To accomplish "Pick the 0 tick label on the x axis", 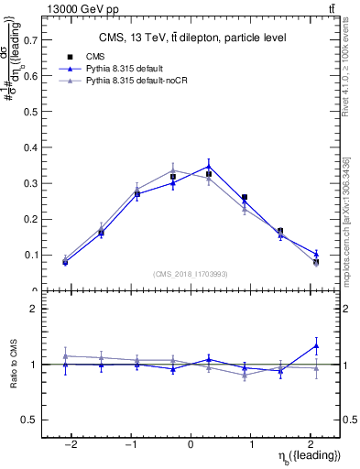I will coord(191,442).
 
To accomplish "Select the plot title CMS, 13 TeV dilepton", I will coord(191,38).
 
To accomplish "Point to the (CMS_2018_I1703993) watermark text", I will coord(191,273).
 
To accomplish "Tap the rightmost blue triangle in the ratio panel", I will coord(316,345).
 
